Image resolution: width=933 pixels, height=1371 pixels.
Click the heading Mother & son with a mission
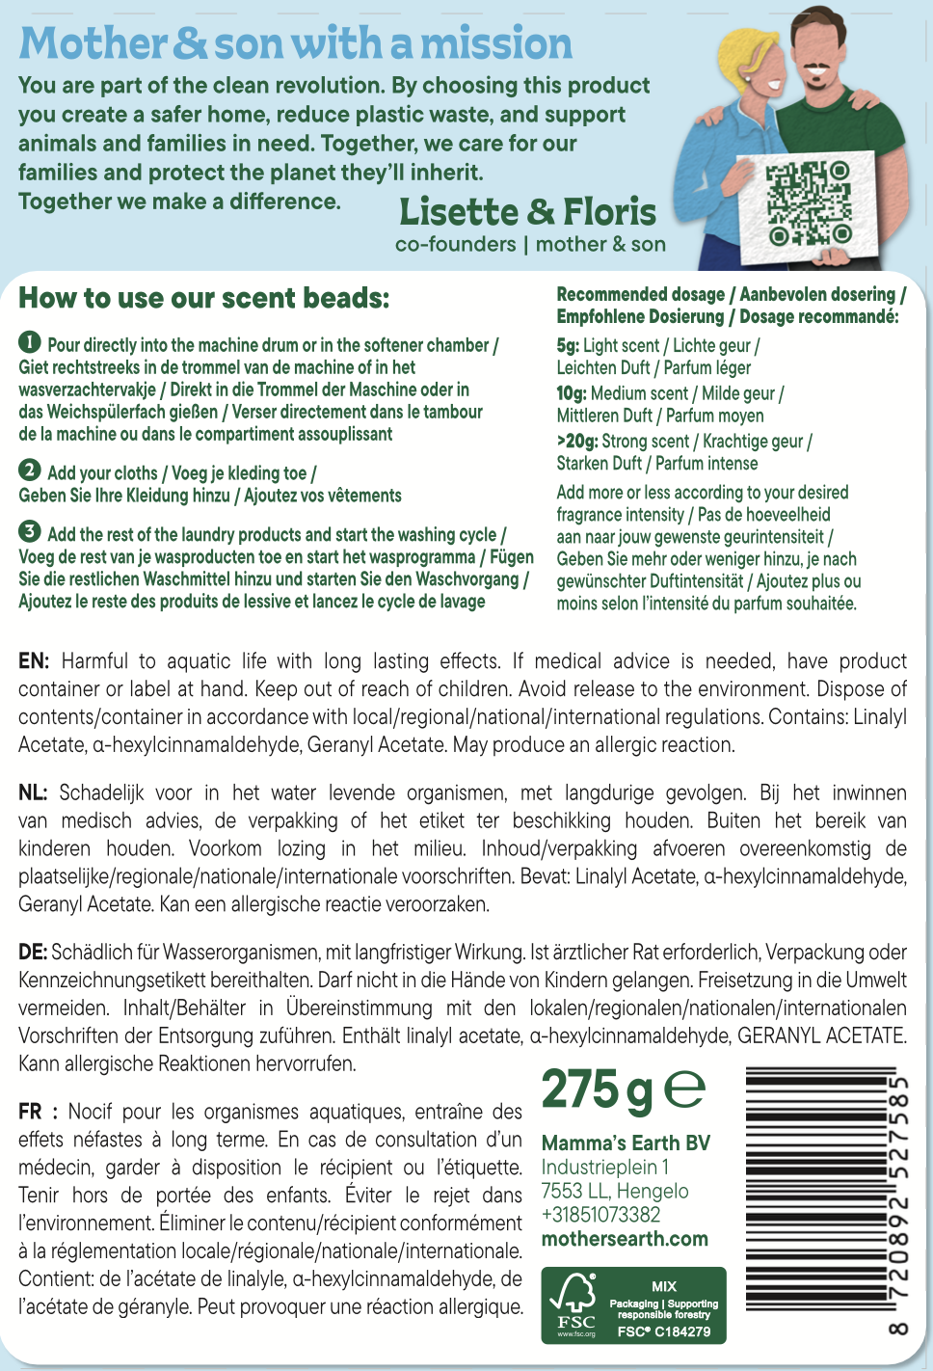tap(295, 44)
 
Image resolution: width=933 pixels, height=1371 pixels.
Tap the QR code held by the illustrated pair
tap(809, 203)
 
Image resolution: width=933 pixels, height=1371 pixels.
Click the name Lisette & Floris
tap(527, 212)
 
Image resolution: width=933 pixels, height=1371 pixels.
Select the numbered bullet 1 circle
tap(30, 342)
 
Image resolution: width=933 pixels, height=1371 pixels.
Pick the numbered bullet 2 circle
tap(30, 470)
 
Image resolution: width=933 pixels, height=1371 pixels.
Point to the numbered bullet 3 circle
tap(30, 531)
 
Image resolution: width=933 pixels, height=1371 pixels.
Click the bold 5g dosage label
tap(568, 345)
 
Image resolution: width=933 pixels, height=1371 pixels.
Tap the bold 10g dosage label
tap(572, 393)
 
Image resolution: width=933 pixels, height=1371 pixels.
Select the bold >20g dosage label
tap(576, 441)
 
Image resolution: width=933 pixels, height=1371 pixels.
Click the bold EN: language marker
tap(34, 661)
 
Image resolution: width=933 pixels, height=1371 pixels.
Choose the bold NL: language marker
tap(33, 793)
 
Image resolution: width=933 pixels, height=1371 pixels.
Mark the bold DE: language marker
tap(33, 953)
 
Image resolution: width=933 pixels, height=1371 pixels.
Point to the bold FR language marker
tap(31, 1112)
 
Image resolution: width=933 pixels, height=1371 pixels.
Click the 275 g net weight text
tap(597, 1090)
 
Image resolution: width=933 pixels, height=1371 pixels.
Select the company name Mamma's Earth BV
tap(626, 1143)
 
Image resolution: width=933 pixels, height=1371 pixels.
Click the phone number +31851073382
tap(600, 1215)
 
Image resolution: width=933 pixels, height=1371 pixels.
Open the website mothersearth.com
tap(625, 1239)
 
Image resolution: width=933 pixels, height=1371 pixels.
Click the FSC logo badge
tap(633, 1305)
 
